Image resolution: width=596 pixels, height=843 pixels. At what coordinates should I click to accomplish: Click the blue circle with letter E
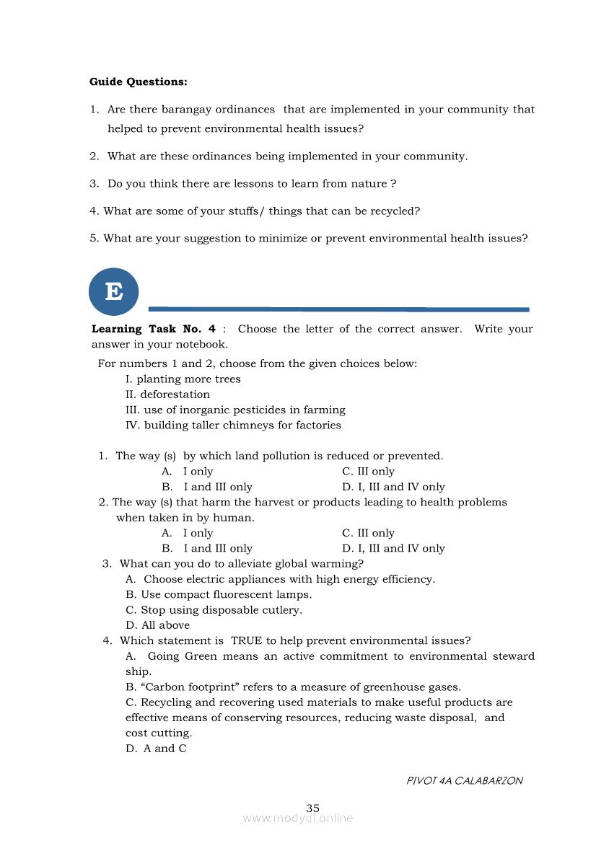113,291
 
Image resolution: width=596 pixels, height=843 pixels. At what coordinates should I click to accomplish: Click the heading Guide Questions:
139,82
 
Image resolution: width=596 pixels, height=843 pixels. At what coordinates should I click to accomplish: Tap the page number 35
312,808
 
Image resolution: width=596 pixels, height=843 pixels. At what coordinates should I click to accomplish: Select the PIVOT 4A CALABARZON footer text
465,780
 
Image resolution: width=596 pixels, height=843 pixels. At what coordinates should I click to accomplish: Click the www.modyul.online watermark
298,818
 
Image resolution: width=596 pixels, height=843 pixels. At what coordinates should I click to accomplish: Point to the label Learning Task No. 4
154,329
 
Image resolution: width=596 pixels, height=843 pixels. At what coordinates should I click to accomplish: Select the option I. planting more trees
183,379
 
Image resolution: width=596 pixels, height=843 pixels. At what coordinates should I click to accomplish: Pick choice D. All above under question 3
157,625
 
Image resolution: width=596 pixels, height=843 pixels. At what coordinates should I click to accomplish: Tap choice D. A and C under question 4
156,749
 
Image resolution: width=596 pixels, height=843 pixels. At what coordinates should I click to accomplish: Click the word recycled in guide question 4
395,211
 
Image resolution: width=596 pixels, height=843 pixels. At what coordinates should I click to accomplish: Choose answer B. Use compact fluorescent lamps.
219,595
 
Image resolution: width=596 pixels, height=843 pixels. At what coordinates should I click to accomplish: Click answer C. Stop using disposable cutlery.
214,610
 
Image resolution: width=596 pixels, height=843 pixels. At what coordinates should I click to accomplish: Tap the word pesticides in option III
278,410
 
